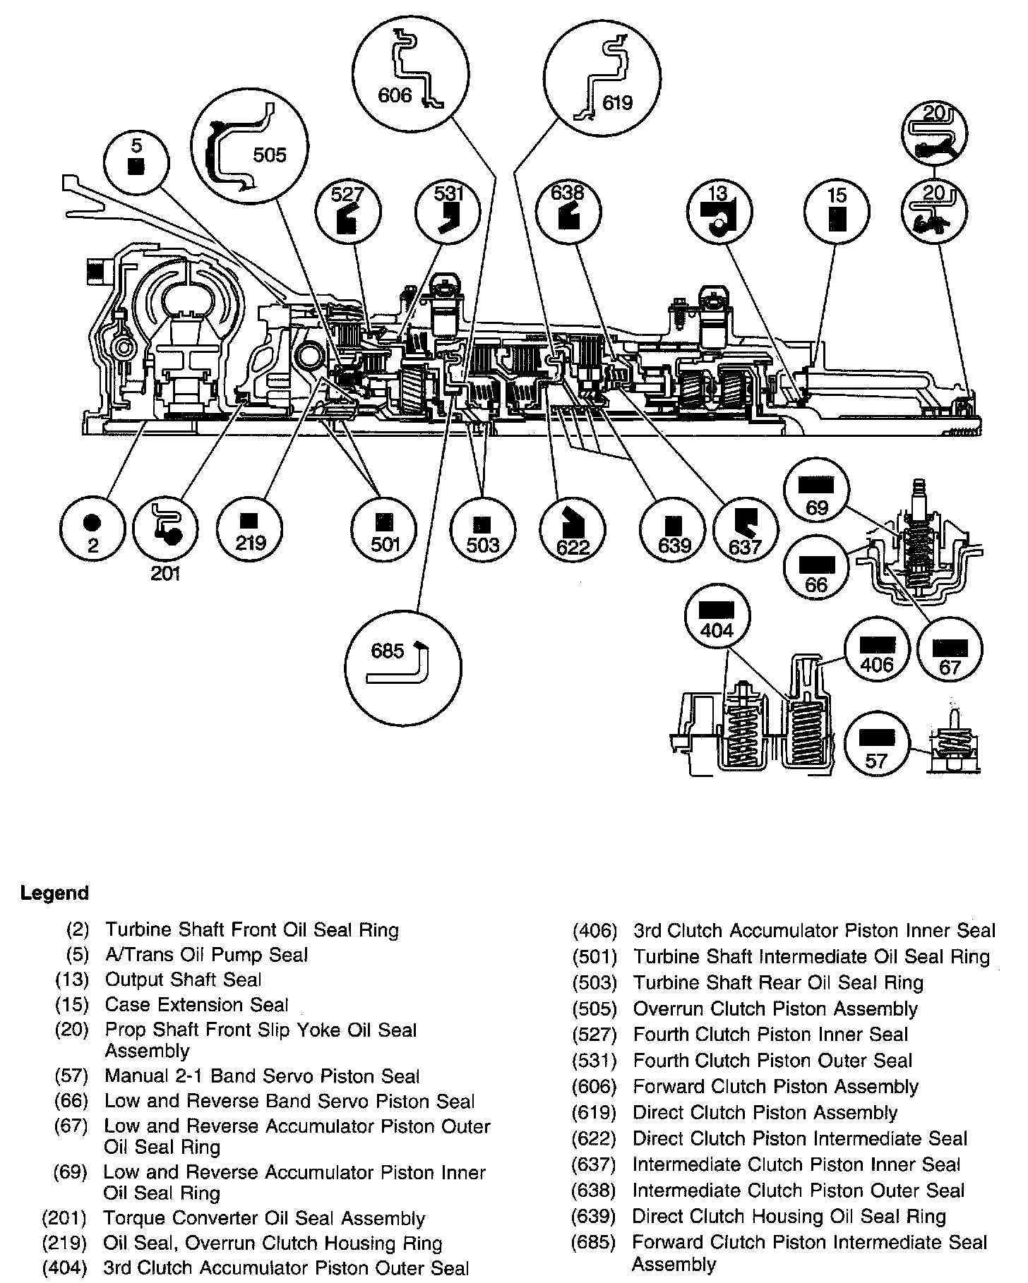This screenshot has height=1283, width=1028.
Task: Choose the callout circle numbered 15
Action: (837, 211)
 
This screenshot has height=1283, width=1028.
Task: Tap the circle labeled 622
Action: (572, 531)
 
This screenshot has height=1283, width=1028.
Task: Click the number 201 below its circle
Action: (165, 574)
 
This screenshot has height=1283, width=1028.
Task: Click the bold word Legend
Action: (54, 893)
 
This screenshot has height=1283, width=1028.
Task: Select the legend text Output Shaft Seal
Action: (183, 980)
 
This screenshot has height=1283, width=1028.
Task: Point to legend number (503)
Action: (594, 983)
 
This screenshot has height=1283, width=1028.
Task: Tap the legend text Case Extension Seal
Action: (196, 1005)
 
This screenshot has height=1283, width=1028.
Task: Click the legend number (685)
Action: (594, 1242)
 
